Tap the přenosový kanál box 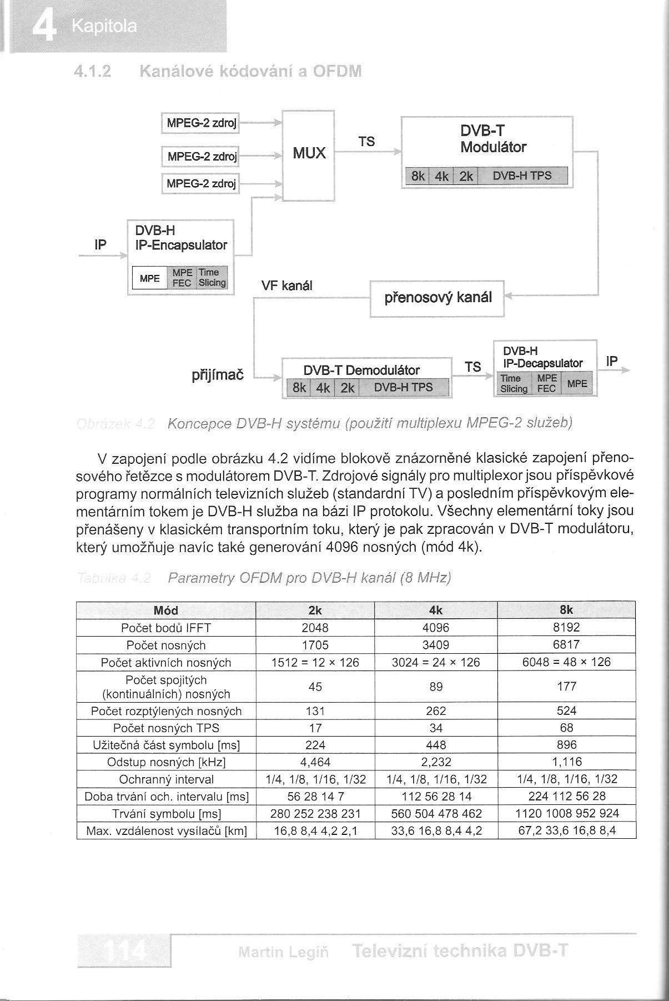437,298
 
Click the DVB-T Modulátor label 493,139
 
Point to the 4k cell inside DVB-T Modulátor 442,176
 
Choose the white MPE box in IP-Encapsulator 149,278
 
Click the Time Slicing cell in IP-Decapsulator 514,384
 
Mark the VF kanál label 287,286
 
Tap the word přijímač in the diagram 218,375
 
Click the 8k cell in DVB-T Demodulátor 299,387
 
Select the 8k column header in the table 566,610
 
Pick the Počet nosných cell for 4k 436,645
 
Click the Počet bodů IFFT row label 166,628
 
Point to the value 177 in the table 566,687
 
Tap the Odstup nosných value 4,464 315,762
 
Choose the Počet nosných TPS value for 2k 315,728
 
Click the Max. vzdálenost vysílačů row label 166,831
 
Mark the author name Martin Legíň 283,952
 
